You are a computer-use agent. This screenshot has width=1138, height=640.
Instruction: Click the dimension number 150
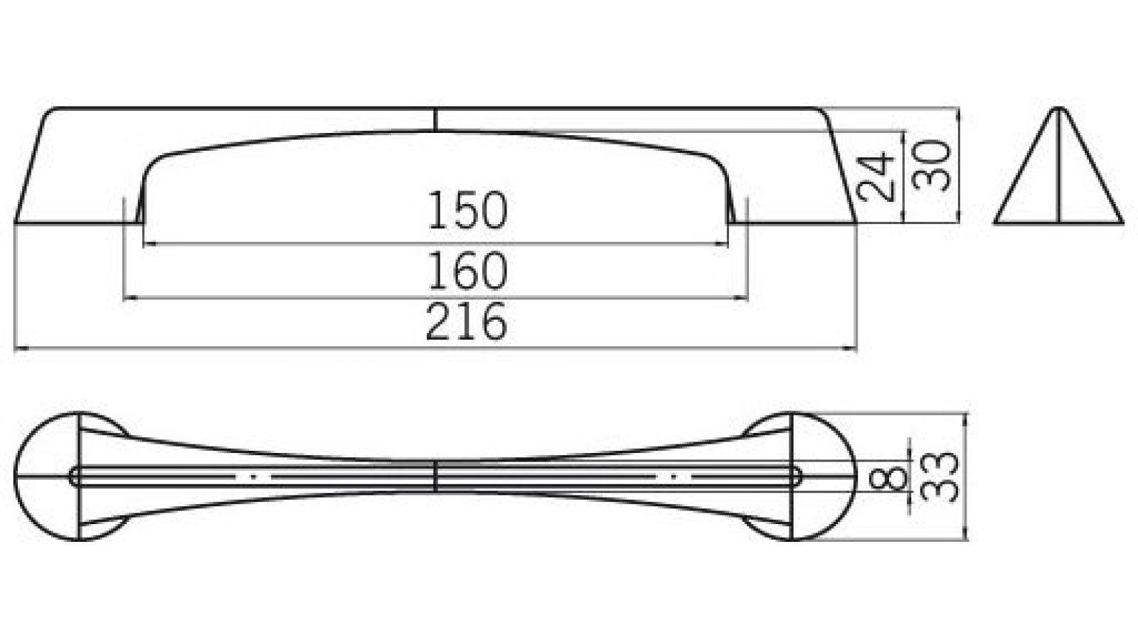coord(467,211)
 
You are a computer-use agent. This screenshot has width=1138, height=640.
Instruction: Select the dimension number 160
coord(467,271)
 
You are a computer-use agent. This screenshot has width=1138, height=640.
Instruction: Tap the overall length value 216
coord(467,322)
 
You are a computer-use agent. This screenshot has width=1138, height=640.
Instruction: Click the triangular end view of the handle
coord(1058,178)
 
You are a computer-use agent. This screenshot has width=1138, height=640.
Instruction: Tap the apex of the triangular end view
coord(1059,110)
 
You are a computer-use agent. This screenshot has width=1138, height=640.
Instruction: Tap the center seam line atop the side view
coord(435,119)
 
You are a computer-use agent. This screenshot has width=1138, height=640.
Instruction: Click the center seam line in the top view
coord(435,476)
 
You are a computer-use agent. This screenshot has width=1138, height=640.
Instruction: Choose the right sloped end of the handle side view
coord(839,167)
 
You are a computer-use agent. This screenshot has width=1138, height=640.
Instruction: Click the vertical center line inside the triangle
coord(1059,171)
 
